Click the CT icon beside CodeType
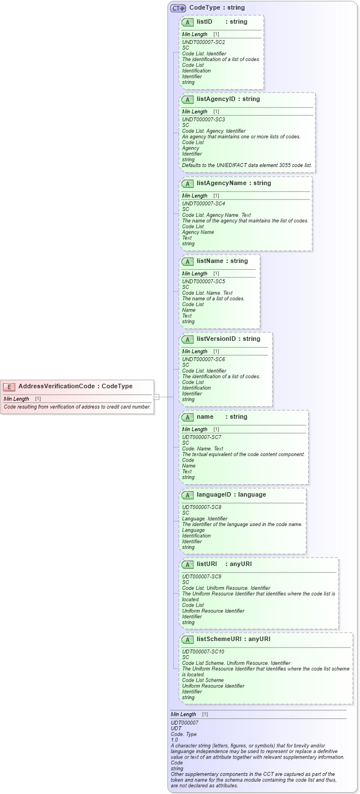(x=178, y=8)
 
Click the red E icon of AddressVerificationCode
(x=10, y=387)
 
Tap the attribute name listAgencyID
(x=215, y=99)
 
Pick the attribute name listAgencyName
(x=221, y=183)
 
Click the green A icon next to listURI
(x=187, y=564)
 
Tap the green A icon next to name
(x=187, y=417)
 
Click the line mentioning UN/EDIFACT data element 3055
(x=247, y=165)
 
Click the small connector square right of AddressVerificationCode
(x=157, y=397)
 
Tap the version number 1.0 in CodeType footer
(x=174, y=740)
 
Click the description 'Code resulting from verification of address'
(x=77, y=406)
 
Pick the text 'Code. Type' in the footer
(x=183, y=734)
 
